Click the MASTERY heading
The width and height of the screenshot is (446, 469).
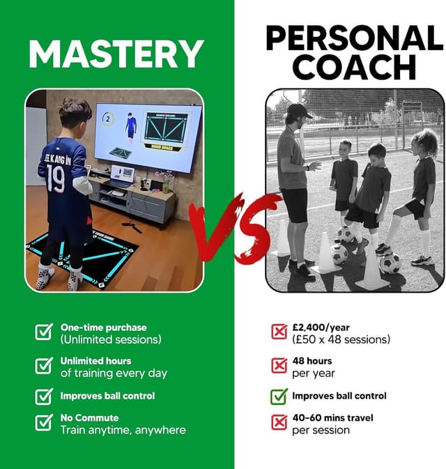coord(116,54)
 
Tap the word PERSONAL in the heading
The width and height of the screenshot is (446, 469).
coord(354,38)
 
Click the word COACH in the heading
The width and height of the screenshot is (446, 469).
coord(354,68)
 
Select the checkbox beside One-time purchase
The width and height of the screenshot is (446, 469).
coord(44,332)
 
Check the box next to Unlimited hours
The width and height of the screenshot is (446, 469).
coord(44,365)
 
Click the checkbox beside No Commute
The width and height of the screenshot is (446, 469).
coord(44,422)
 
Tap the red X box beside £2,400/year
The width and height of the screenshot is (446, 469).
coord(279,332)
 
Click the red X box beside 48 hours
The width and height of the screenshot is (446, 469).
coord(279,365)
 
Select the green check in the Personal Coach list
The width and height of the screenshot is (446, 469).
coord(279,397)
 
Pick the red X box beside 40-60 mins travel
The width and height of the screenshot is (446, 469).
coord(279,422)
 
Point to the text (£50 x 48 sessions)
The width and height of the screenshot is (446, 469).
coord(341,339)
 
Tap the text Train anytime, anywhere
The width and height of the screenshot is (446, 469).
coord(123,430)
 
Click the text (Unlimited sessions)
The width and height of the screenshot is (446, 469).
coord(110,339)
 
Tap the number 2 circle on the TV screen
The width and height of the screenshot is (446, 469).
coord(108,119)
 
